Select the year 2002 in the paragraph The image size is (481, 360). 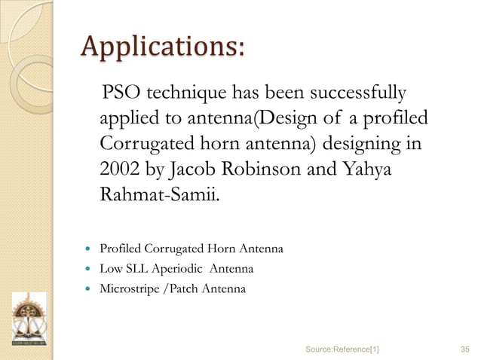click(120, 171)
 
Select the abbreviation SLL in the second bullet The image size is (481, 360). click(139, 269)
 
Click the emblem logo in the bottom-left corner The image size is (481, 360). click(29, 319)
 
